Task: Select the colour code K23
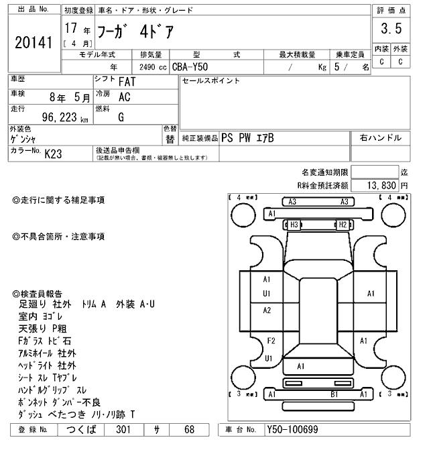[x=53, y=154]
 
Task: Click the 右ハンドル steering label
[x=380, y=138]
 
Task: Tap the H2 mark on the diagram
[x=341, y=225]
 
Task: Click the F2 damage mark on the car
[x=271, y=341]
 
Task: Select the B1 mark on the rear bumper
[x=333, y=394]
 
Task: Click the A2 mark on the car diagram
[x=267, y=310]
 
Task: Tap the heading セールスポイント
[x=211, y=81]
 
